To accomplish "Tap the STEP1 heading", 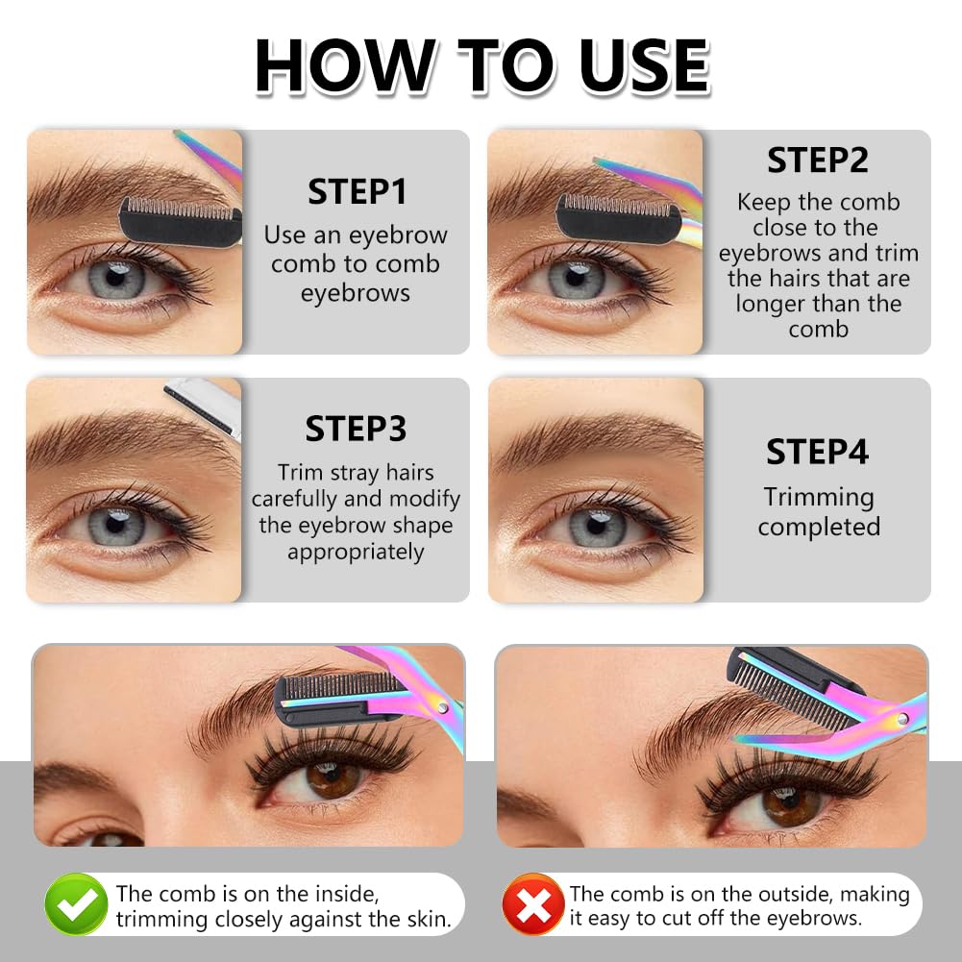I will [x=357, y=192].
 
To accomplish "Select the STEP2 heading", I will [x=818, y=160].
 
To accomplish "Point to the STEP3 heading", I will [x=356, y=429].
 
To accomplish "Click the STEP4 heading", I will [x=818, y=452].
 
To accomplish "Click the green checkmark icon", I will [x=76, y=904].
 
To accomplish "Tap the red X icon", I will [x=532, y=904].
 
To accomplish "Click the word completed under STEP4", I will [x=819, y=527].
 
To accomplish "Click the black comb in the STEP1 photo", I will [x=180, y=221].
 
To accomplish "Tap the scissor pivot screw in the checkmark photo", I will [x=441, y=707].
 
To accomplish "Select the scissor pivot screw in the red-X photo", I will [x=903, y=719].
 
